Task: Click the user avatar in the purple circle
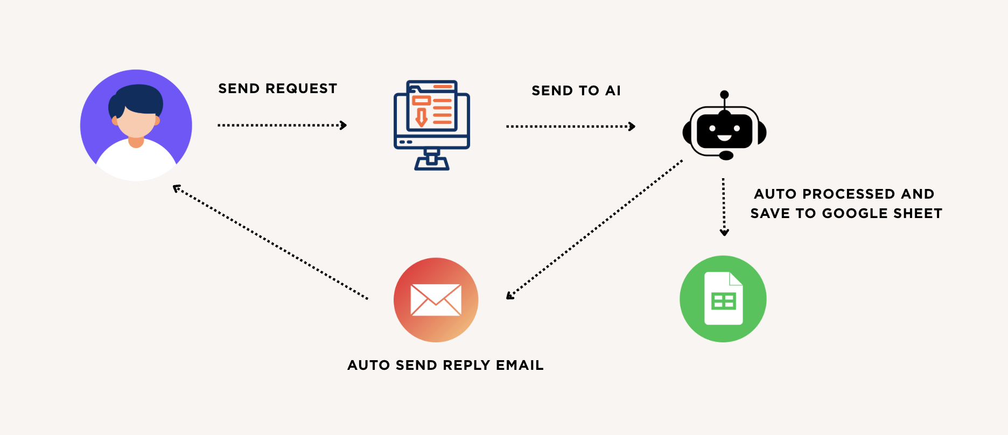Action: click(136, 125)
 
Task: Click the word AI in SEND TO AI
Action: click(613, 91)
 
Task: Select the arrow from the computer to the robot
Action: click(570, 127)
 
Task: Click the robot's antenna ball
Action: click(724, 94)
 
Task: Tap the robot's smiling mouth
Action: click(724, 138)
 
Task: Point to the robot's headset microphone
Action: click(726, 156)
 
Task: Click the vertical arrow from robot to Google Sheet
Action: click(724, 207)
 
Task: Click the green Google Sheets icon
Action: click(723, 299)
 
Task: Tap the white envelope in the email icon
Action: click(436, 300)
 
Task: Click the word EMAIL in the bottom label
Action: click(520, 366)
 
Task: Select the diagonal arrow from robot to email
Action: click(594, 229)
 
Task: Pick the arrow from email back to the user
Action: click(270, 242)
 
